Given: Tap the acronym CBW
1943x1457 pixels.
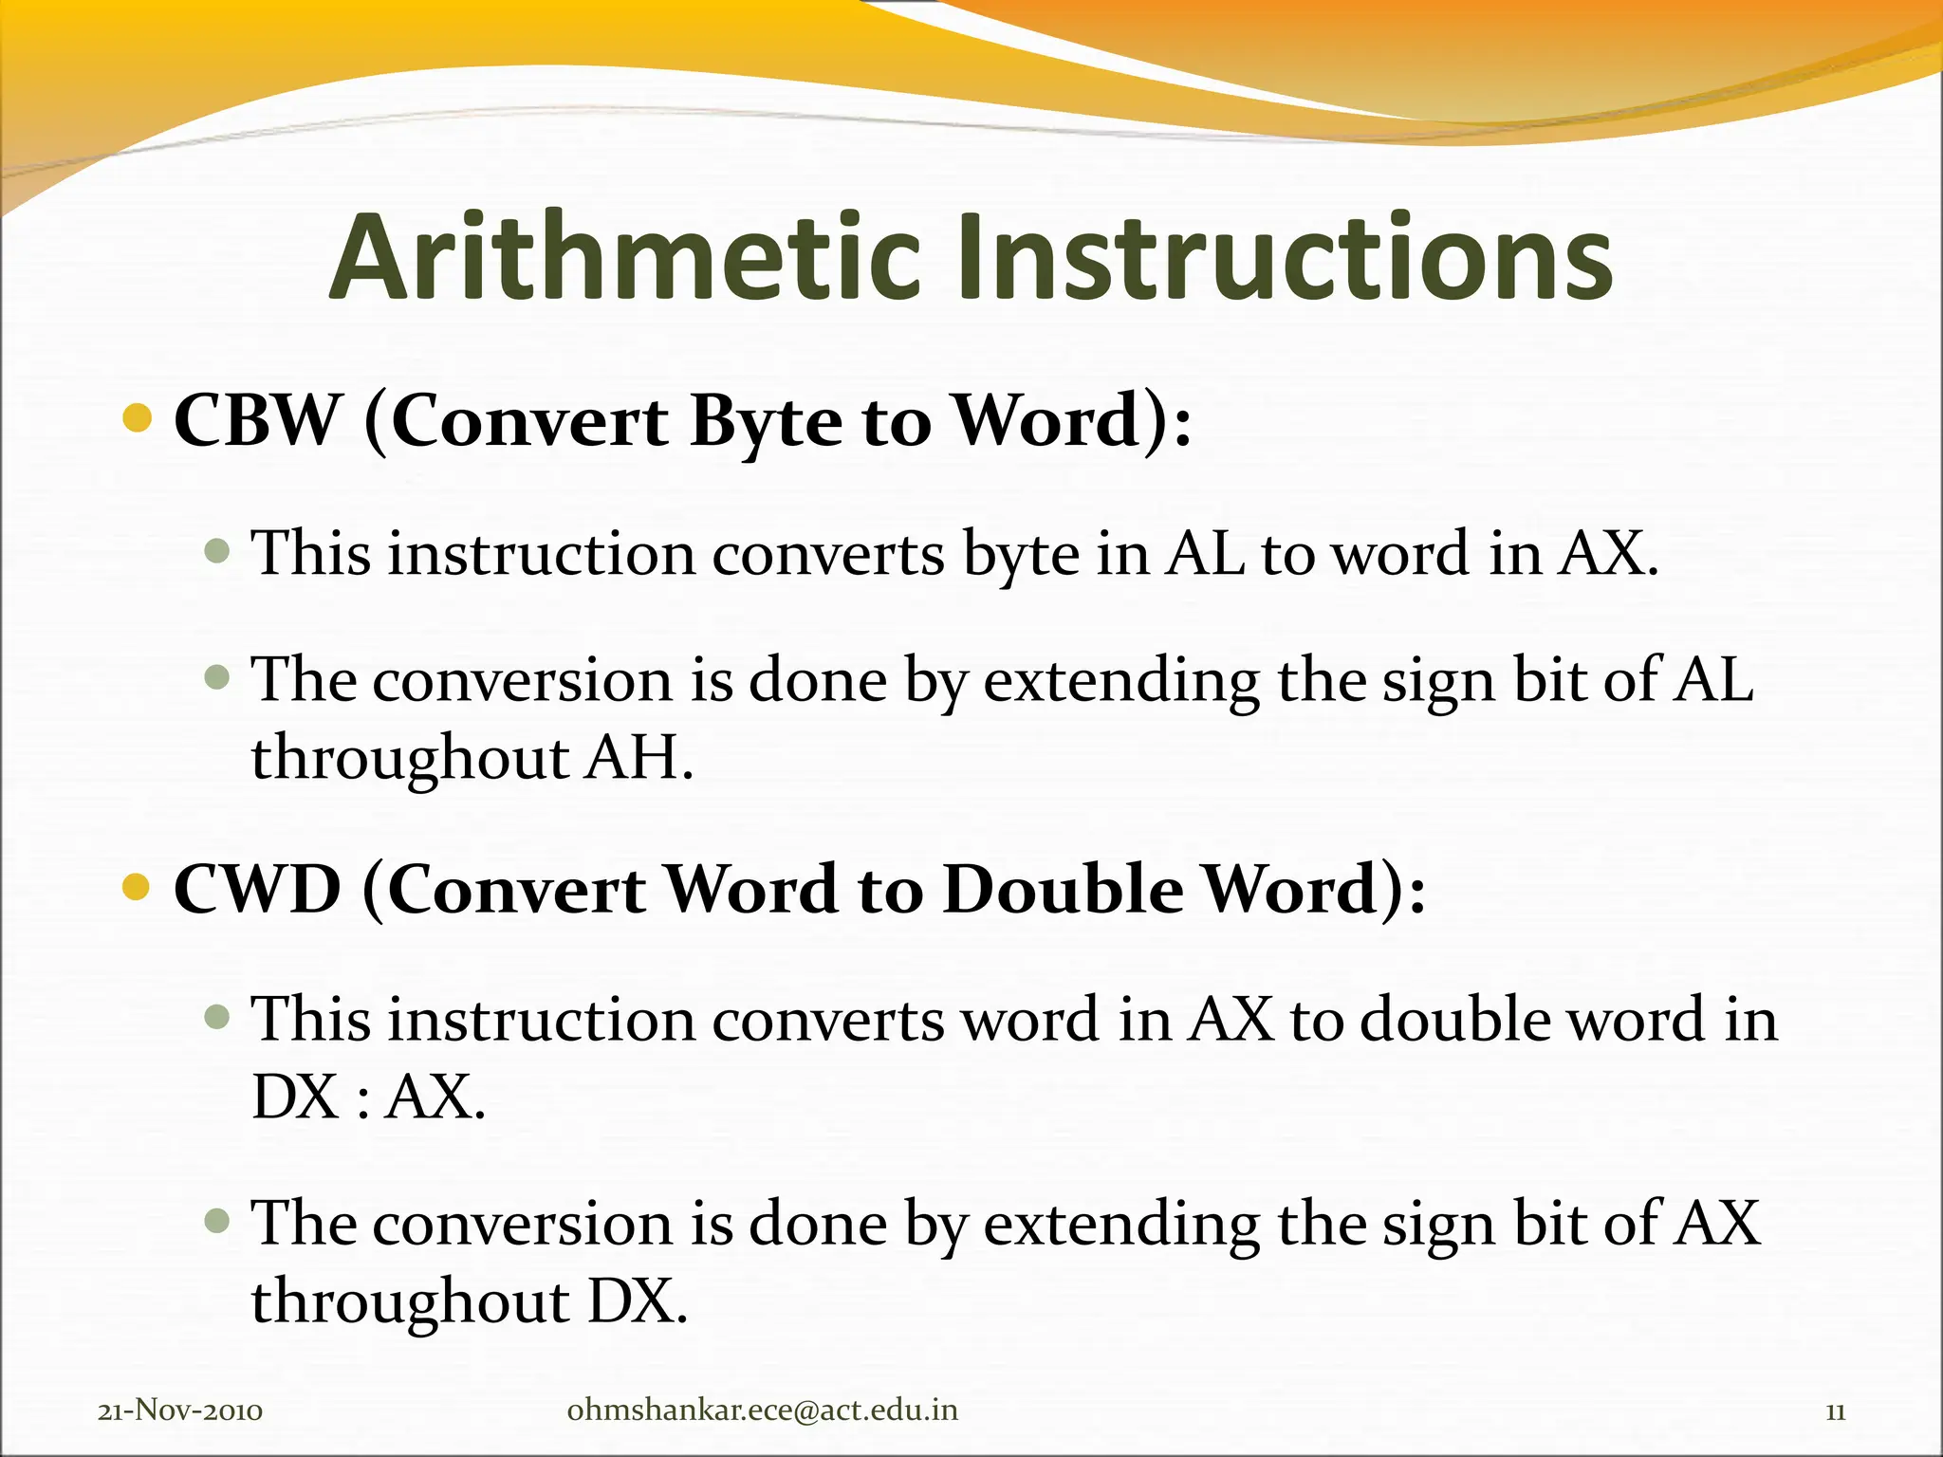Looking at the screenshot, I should (256, 420).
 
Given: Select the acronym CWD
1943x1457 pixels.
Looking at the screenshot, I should (257, 890).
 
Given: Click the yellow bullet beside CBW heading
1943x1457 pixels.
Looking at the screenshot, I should (138, 417).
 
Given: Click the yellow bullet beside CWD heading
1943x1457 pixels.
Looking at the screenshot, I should (138, 887).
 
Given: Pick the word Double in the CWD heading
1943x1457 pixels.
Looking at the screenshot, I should (1063, 890).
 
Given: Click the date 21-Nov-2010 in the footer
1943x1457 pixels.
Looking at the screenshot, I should (180, 1411).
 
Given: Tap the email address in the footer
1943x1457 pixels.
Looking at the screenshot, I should (762, 1411).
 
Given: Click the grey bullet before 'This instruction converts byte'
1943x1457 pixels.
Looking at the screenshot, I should (217, 550).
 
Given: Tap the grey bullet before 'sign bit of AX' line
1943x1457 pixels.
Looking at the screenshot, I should (217, 1220).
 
